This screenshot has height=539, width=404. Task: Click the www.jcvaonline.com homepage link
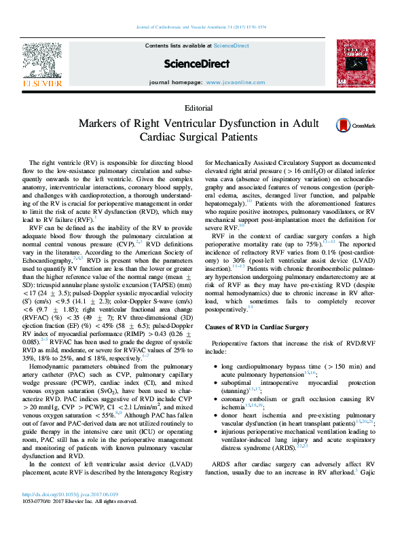(235, 82)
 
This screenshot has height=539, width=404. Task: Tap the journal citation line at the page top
(202, 28)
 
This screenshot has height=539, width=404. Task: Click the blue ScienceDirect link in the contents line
(230, 45)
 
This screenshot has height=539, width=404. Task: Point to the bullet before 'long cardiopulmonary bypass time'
(215, 366)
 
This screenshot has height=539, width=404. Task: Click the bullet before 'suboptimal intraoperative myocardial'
(215, 384)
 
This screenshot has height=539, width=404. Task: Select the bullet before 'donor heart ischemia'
(215, 413)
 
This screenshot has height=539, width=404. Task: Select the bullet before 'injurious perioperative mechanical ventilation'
(215, 430)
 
